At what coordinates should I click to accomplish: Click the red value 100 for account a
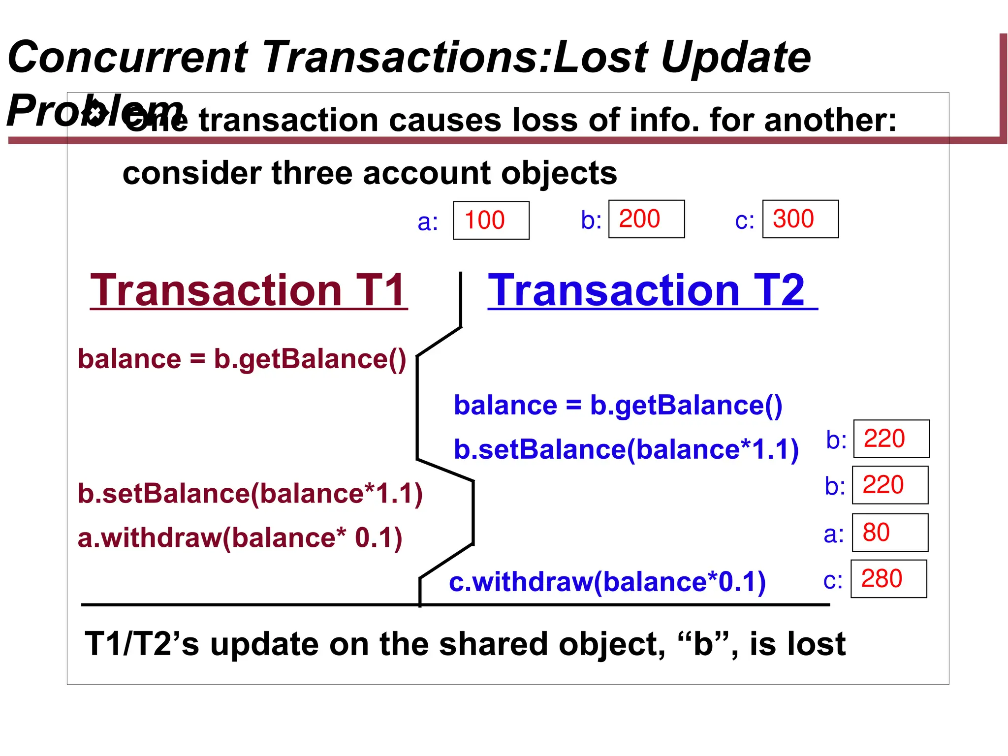tap(485, 220)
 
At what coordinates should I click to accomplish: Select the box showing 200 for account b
tap(646, 219)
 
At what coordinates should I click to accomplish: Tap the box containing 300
tap(800, 219)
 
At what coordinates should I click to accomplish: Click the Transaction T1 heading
tap(249, 290)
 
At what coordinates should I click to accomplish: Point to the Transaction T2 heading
tap(646, 290)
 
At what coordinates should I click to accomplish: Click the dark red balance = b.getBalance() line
tap(242, 359)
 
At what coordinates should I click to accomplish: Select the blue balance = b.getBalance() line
tap(618, 406)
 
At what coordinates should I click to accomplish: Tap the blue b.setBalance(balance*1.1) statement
tap(626, 449)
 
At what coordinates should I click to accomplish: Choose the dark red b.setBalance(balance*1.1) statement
tap(250, 493)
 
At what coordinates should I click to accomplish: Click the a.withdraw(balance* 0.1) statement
tap(240, 537)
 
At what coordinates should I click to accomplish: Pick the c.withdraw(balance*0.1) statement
tap(607, 582)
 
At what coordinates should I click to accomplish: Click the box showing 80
tap(890, 533)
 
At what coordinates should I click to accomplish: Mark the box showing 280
tap(888, 579)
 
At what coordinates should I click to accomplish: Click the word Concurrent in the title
tap(128, 57)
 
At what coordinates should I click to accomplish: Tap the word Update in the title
tap(736, 57)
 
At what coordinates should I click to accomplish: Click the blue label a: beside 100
tap(428, 222)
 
